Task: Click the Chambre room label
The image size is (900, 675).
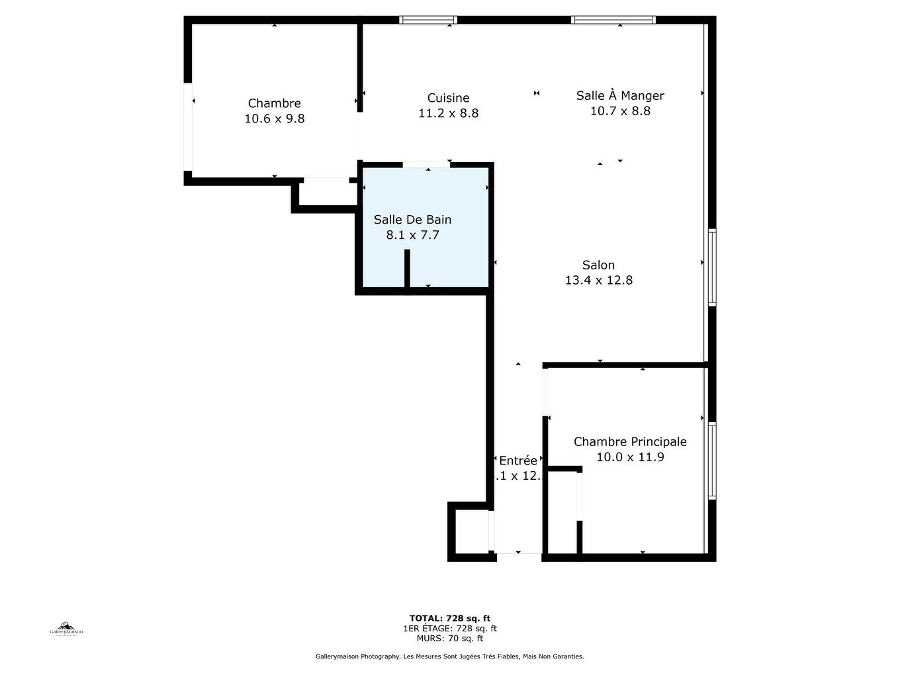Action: pos(274,103)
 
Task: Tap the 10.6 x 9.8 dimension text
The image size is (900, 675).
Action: pos(274,119)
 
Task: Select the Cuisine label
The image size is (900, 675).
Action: pos(448,98)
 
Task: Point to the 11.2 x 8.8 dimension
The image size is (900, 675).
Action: pos(448,114)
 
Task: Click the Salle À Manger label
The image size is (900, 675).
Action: pos(620,96)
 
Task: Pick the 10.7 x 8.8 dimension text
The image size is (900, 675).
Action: pos(620,111)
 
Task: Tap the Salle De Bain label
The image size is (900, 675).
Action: pos(412,220)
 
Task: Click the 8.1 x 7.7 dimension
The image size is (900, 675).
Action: pos(412,235)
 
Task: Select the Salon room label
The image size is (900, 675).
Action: pos(598,265)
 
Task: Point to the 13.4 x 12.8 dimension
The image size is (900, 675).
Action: pos(598,281)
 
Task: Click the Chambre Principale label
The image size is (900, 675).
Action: pos(630,441)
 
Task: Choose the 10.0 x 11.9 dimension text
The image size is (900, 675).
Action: pos(630,457)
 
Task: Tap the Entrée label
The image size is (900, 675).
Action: pos(517,461)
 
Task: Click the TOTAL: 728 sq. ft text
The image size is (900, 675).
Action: pos(450,619)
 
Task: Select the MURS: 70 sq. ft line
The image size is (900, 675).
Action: pos(450,639)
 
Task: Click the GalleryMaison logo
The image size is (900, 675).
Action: pos(66,629)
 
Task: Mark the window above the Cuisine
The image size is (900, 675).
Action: pos(428,20)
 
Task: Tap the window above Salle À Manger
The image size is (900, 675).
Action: pos(613,20)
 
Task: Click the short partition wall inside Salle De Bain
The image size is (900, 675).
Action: pos(407,268)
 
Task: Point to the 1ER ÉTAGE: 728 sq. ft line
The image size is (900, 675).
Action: pos(450,629)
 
